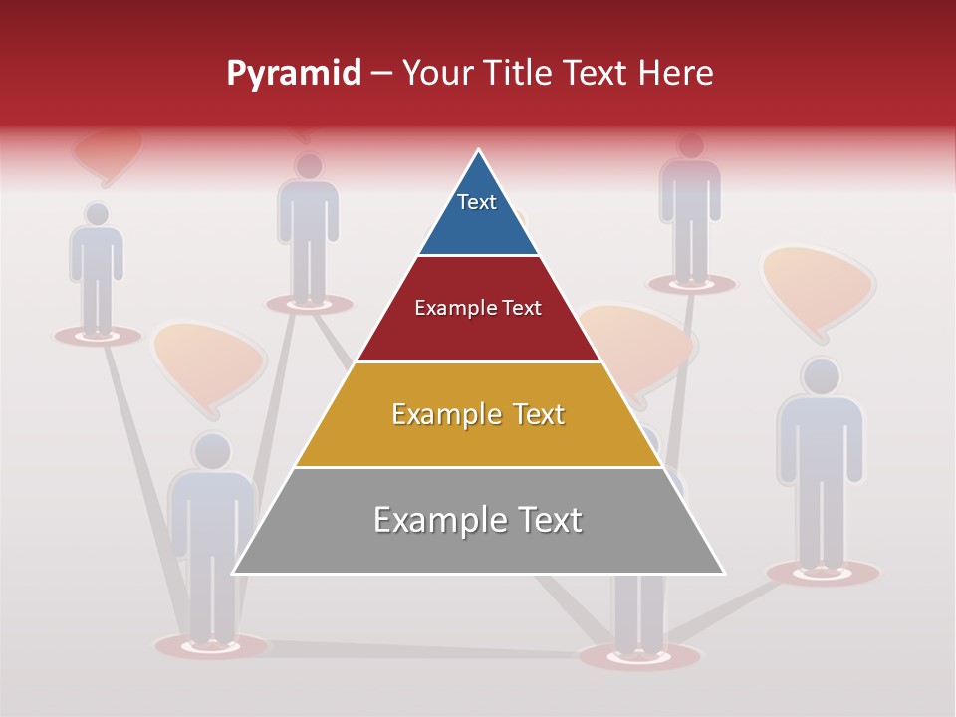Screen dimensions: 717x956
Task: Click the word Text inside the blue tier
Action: [x=477, y=202]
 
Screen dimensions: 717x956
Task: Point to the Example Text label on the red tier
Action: [x=478, y=308]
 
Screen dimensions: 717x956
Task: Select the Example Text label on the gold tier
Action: [x=478, y=414]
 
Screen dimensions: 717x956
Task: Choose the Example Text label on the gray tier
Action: [x=478, y=520]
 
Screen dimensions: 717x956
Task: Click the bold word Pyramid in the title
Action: [x=294, y=74]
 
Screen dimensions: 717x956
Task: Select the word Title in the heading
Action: [x=519, y=74]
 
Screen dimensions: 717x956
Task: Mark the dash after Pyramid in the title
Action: [x=381, y=74]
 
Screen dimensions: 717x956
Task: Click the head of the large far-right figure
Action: [x=821, y=376]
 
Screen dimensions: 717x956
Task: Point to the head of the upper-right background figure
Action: [x=690, y=145]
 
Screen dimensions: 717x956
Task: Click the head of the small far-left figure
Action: [x=97, y=214]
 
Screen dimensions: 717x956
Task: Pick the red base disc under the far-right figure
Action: [x=823, y=573]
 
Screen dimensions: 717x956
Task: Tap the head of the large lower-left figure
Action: [x=212, y=451]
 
